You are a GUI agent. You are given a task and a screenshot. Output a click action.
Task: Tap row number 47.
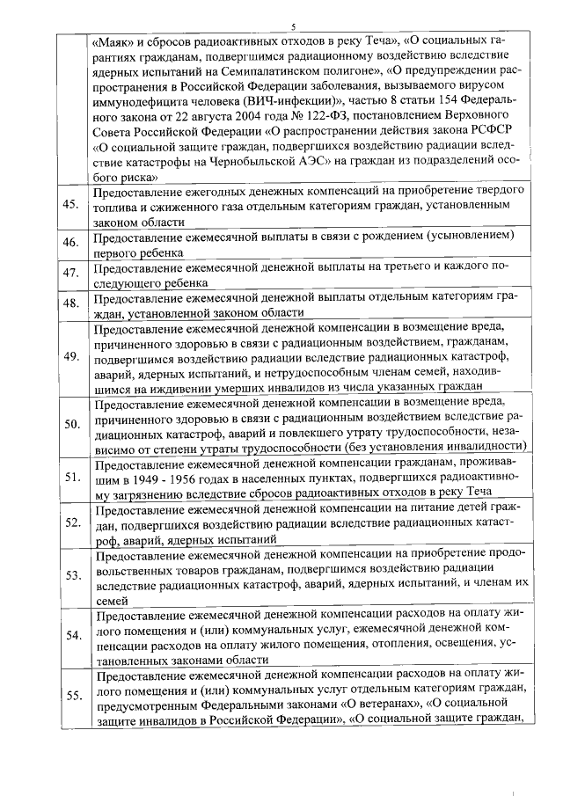click(72, 274)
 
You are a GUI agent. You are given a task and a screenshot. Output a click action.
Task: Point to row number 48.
click(72, 303)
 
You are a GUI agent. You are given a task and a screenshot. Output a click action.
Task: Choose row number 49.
click(72, 356)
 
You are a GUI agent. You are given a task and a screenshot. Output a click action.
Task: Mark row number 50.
click(72, 424)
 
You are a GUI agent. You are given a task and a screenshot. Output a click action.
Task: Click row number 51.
click(72, 477)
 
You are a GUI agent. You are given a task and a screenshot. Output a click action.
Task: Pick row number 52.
click(72, 522)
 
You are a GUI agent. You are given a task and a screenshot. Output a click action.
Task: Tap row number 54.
click(72, 635)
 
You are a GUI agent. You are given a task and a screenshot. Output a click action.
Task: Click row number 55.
click(72, 695)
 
